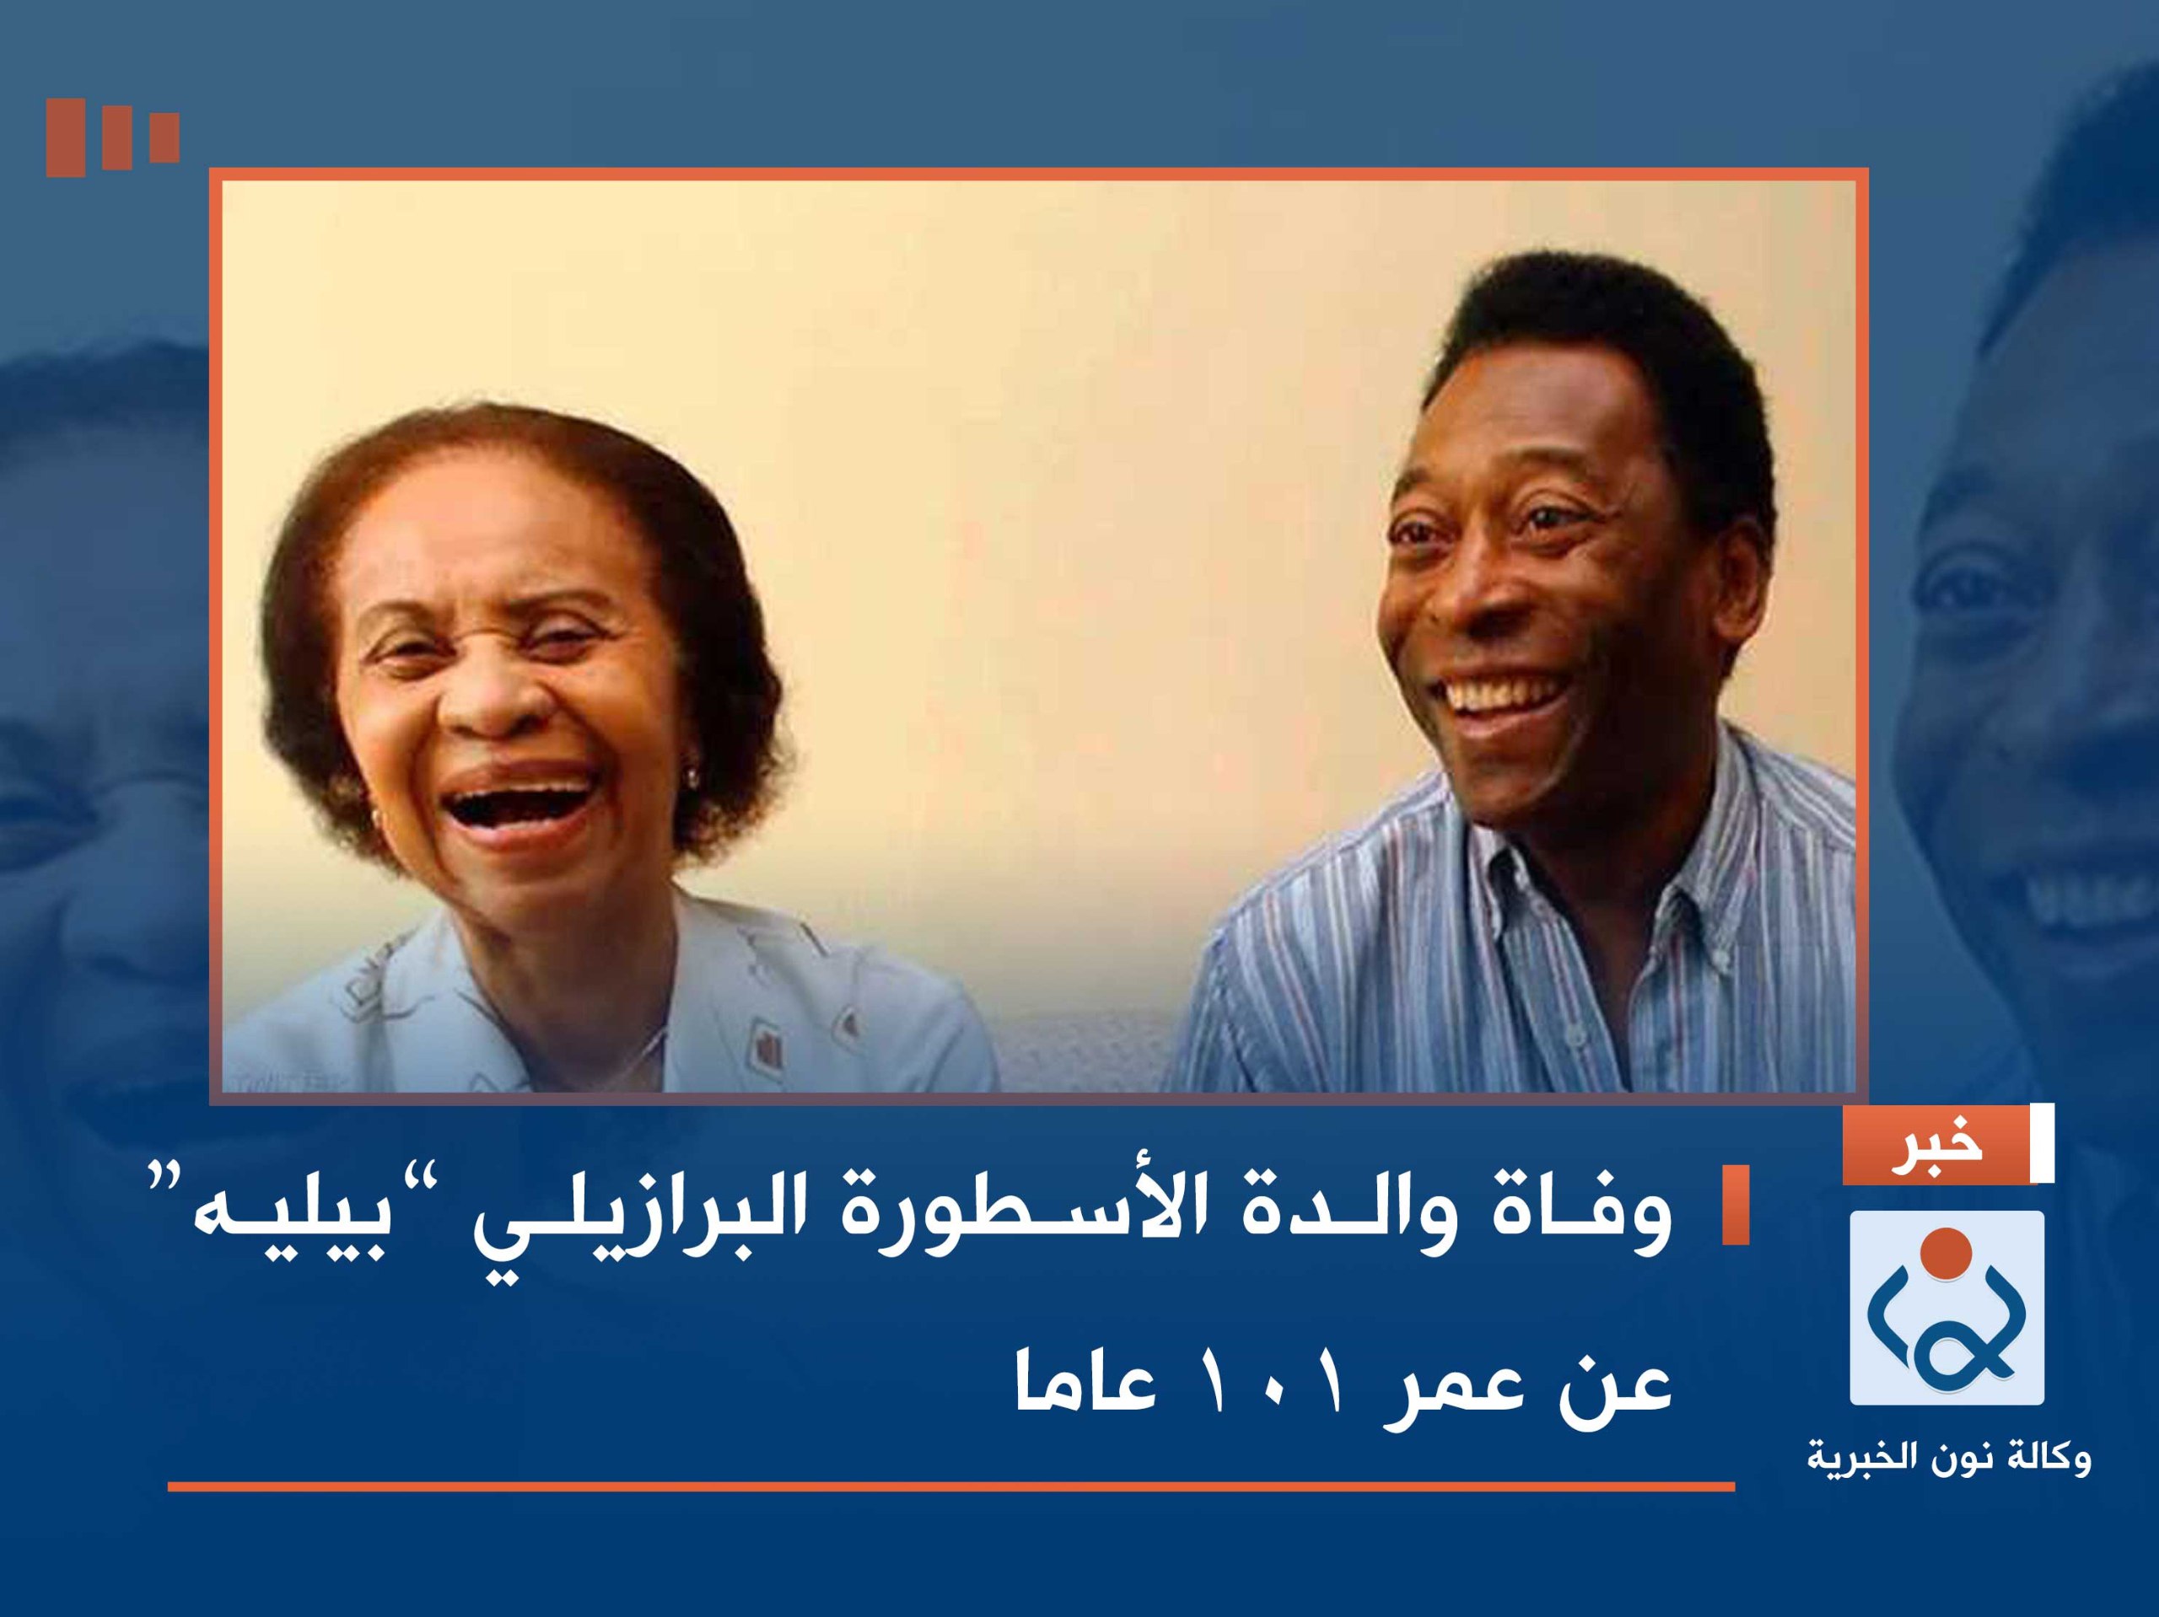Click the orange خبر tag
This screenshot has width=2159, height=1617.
[1935, 1145]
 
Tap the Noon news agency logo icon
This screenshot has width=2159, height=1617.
[1946, 1307]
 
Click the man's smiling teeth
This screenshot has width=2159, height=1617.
[1500, 696]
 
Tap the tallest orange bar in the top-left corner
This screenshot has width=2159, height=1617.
[64, 137]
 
